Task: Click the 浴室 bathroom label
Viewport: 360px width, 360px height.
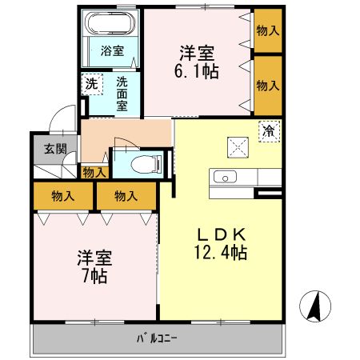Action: point(112,51)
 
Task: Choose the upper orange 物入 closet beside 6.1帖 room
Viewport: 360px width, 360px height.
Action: point(267,30)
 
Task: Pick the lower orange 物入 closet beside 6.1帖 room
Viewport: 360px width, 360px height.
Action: point(267,84)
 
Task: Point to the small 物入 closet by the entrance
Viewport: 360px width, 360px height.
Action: point(94,171)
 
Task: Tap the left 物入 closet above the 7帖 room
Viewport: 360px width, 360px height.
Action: point(62,194)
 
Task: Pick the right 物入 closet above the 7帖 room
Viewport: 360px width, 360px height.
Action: point(125,194)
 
